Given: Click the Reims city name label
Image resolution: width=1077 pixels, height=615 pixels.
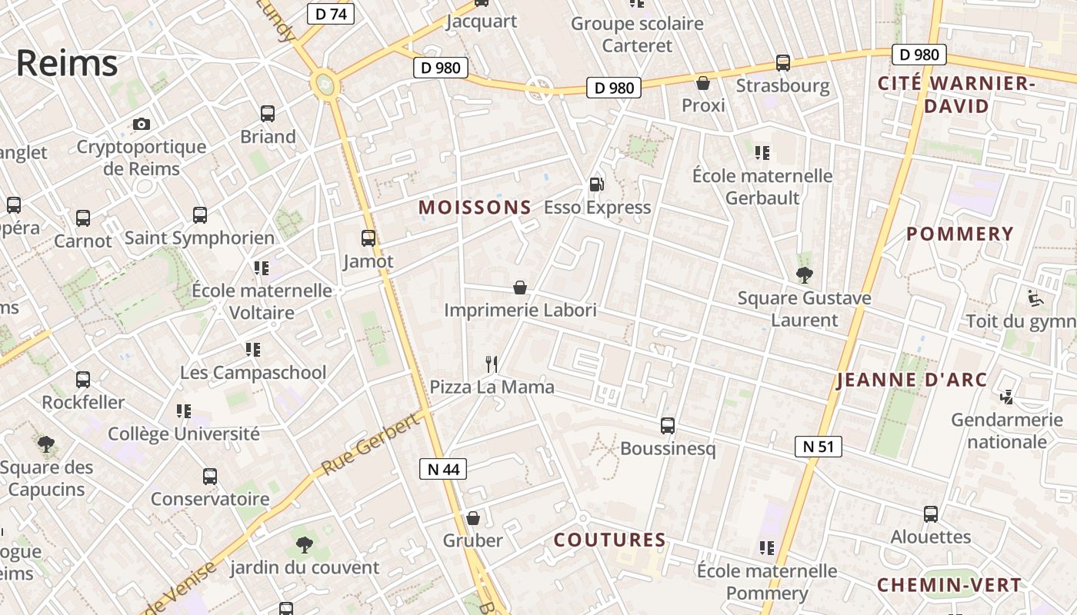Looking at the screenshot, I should pos(67,63).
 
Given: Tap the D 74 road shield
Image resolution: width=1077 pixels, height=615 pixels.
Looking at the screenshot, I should pos(330,14).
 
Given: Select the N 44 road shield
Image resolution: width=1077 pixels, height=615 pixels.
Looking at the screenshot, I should pos(443,468).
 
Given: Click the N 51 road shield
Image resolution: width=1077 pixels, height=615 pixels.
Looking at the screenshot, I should pos(819,447).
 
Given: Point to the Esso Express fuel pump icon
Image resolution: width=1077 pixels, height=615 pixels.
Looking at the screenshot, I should pos(596,184).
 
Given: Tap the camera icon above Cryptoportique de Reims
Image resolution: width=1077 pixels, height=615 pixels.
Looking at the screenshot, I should pos(142,124).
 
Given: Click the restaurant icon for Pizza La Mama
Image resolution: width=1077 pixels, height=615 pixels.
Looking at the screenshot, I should pos(492,364).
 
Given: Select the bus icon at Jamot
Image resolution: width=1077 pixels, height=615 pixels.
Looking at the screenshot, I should pos(368,238).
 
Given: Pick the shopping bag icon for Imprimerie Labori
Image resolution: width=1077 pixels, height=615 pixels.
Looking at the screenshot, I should pos(520,288).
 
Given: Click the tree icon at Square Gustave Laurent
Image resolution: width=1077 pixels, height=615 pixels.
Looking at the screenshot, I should pos(805,274).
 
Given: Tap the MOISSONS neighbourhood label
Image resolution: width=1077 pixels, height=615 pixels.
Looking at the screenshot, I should pos(475,207).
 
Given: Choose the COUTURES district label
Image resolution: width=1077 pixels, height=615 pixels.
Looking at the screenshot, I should pos(610,540).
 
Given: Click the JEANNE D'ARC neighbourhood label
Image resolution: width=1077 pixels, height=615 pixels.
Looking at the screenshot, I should pos(912,380).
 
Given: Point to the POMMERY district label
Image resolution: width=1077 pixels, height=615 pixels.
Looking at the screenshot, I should pos(959,234).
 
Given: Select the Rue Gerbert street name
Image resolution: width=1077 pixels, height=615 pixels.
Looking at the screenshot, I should pos(372,443).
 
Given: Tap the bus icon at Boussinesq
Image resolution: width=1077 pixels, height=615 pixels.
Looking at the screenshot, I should pos(668,425).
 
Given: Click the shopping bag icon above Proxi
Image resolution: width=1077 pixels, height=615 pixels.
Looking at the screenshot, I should pos(703,83).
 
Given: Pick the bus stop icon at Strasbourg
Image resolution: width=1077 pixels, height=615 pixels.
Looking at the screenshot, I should pos(783,63).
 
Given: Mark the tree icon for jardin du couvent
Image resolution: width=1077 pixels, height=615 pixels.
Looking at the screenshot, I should pos(305,545).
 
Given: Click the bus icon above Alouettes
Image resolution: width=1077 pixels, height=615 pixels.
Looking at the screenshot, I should pos(931,514).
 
